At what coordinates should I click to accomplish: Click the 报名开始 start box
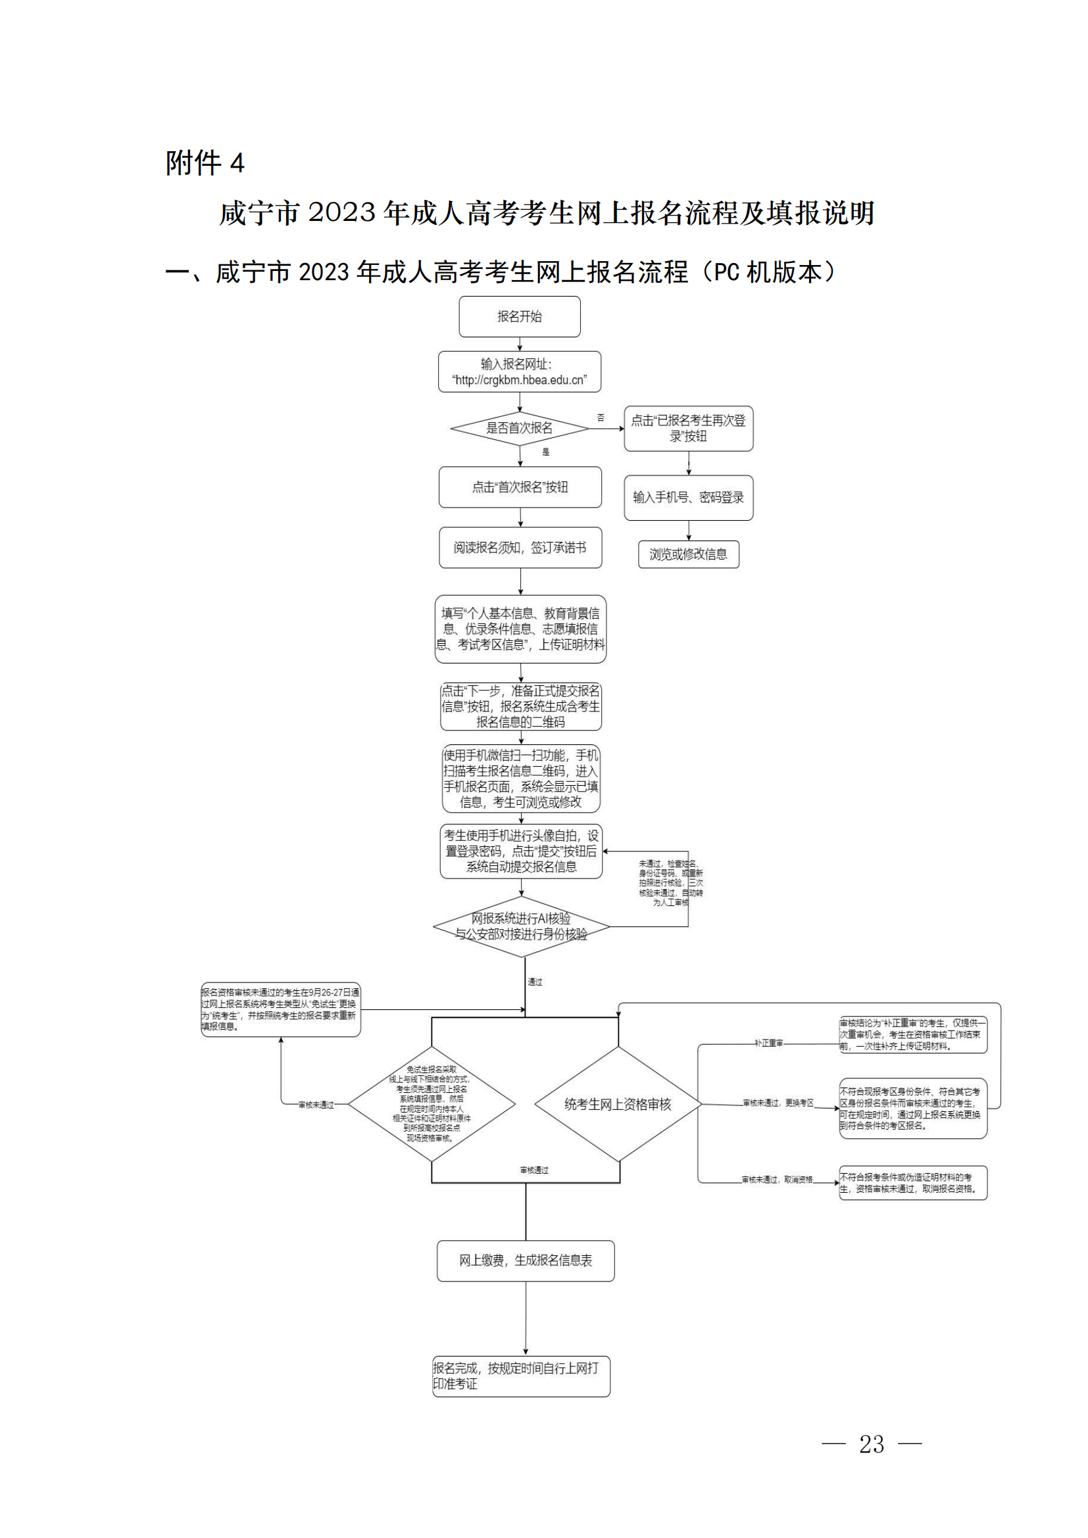click(519, 316)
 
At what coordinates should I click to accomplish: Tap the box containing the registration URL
click(519, 372)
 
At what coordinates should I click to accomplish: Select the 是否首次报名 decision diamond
click(519, 428)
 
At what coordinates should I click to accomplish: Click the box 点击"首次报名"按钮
click(520, 487)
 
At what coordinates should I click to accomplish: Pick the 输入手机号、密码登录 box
click(688, 497)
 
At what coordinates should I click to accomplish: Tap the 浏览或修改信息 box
click(688, 554)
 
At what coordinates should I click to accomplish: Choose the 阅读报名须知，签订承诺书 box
click(520, 547)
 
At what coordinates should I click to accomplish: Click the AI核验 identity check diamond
click(521, 926)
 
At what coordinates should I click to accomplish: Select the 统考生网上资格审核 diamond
click(617, 1104)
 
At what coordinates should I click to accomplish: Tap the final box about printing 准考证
click(520, 1376)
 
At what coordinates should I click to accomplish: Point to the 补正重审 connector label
click(768, 1044)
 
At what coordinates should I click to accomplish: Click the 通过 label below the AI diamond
click(535, 982)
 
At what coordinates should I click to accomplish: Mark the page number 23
click(871, 1444)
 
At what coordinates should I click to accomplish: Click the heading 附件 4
click(205, 163)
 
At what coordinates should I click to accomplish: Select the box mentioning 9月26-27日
click(280, 1009)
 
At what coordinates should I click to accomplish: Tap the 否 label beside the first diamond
click(601, 418)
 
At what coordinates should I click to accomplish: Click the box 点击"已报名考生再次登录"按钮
click(688, 428)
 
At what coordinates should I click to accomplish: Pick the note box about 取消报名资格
click(912, 1183)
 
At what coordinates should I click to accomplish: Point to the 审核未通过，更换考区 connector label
click(777, 1103)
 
